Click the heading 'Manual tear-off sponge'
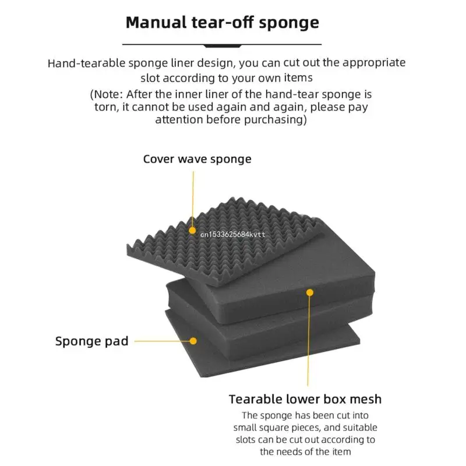[x=223, y=23]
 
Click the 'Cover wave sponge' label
[x=197, y=159]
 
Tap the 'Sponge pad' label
[x=91, y=341]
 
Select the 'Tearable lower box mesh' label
[x=305, y=399]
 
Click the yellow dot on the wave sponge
[x=193, y=231]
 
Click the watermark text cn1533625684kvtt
[x=233, y=234]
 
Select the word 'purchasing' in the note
[x=274, y=119]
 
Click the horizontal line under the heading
[x=223, y=44]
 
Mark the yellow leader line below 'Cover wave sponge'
[x=193, y=198]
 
